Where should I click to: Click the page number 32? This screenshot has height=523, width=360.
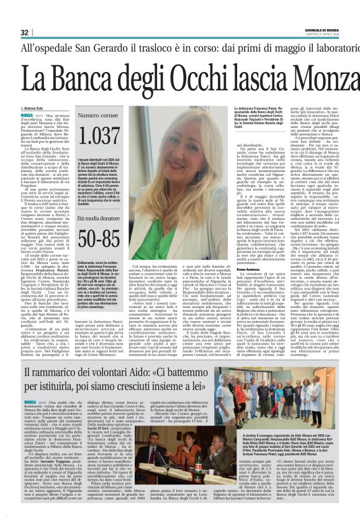point(25,32)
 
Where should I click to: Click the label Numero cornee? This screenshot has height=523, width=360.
point(97,116)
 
